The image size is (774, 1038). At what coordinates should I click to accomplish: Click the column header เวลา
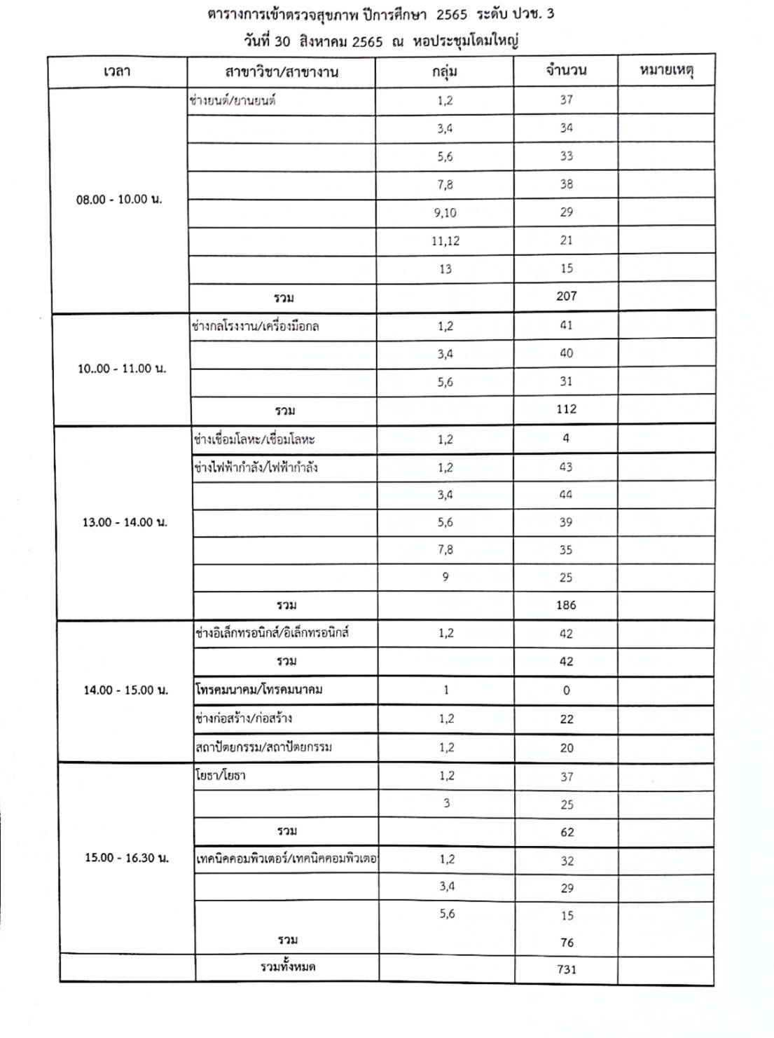click(x=116, y=71)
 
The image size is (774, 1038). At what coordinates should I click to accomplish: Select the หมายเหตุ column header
click(x=666, y=70)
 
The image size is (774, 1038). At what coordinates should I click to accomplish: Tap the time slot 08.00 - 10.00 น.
click(x=119, y=199)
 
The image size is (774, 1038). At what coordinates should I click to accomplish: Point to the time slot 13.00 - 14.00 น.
click(x=125, y=522)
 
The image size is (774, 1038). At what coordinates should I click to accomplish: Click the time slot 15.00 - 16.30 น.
click(x=127, y=858)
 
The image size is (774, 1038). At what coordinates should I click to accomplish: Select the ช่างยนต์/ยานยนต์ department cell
click(x=233, y=100)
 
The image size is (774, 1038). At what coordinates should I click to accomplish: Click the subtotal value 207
click(x=566, y=296)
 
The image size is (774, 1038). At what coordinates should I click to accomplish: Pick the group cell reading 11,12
click(x=445, y=240)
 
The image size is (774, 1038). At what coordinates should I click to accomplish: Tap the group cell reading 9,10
click(x=445, y=212)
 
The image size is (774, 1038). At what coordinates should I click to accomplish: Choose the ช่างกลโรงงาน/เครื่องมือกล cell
click(x=256, y=327)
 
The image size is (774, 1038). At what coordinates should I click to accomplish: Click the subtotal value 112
click(x=566, y=409)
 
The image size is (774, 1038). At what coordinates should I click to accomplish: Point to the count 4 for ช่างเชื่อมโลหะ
click(x=566, y=439)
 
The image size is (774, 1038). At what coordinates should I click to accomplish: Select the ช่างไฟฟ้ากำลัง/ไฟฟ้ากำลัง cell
click(x=257, y=467)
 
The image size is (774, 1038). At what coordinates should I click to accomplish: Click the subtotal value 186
click(x=566, y=605)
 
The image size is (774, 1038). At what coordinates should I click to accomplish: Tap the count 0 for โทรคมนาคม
click(x=566, y=690)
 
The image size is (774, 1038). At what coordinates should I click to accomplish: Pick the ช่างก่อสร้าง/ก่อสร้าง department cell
click(x=244, y=718)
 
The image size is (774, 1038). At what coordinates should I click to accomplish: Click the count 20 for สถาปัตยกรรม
click(x=567, y=748)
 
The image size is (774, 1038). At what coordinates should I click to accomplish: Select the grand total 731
click(x=567, y=969)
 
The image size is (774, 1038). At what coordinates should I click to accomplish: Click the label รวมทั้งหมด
click(x=288, y=967)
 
